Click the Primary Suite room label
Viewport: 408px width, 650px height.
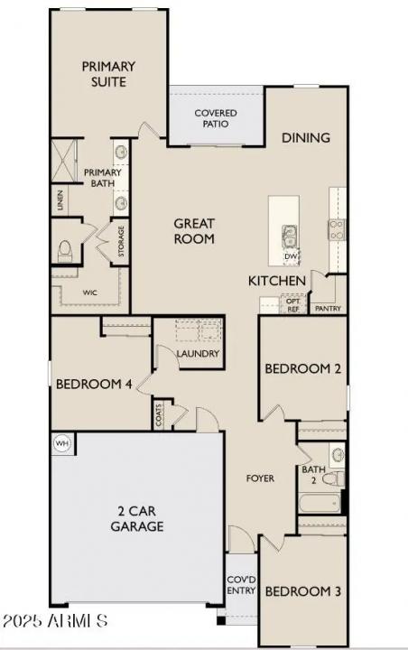(x=108, y=74)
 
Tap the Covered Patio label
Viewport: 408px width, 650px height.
(x=217, y=118)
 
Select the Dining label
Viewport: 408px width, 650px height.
(x=305, y=138)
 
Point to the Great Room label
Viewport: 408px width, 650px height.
(x=194, y=231)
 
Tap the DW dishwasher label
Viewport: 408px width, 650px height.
(x=291, y=257)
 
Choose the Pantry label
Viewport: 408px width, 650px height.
(x=327, y=308)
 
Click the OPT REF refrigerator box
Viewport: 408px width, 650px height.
(x=292, y=305)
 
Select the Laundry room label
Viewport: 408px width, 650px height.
(x=199, y=353)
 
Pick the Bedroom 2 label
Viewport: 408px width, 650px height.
(x=302, y=368)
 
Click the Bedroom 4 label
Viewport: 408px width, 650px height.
(x=94, y=384)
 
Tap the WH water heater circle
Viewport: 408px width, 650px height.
(x=62, y=443)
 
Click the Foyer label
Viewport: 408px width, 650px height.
(x=261, y=478)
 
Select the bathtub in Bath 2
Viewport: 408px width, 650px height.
(x=320, y=502)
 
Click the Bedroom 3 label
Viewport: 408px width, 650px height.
(x=302, y=592)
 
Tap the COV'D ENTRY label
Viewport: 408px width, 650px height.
(x=241, y=584)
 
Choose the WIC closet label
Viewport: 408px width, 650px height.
(x=89, y=292)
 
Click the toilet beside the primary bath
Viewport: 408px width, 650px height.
(x=66, y=251)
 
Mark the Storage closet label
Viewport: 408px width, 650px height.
(x=122, y=242)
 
